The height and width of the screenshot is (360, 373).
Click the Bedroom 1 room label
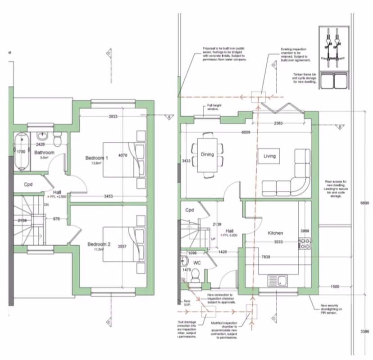(97, 158)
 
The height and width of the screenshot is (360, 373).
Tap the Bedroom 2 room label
(99, 244)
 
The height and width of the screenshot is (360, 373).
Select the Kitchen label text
(275, 233)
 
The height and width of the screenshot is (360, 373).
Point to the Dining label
(207, 155)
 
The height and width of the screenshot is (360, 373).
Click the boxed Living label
(269, 156)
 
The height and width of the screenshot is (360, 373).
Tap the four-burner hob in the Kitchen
(305, 244)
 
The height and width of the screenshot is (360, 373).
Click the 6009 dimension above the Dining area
(246, 133)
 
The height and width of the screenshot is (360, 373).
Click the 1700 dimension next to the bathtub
(21, 152)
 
